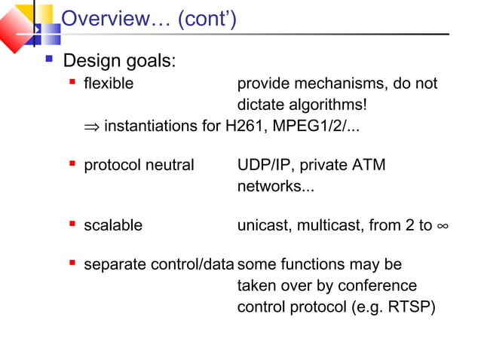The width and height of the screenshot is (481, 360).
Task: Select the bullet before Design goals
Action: [50, 58]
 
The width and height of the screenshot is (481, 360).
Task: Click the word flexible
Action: [109, 84]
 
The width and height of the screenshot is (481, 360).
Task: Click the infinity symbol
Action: [443, 225]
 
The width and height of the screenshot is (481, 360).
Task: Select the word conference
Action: [378, 285]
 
